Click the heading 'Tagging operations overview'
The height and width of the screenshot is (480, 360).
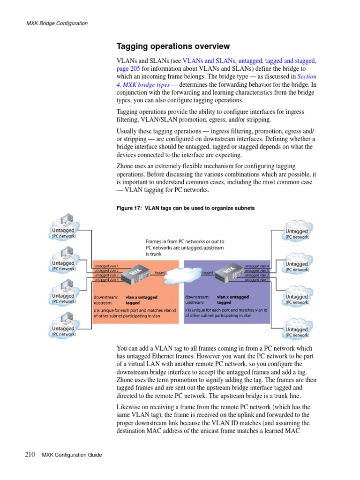[x=173, y=46]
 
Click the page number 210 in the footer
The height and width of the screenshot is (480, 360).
[x=29, y=454]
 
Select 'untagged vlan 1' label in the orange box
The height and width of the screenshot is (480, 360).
[x=106, y=266]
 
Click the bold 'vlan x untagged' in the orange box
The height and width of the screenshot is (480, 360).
[x=142, y=297]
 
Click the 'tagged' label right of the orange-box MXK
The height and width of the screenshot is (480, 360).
[x=160, y=272]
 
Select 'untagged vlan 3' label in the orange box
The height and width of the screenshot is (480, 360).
[x=106, y=275]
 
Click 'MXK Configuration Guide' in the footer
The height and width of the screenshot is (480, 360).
[x=72, y=455]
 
